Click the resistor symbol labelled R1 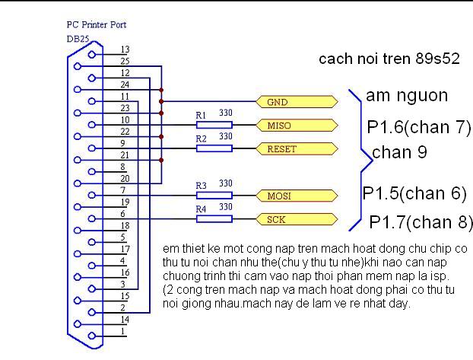point(214,125)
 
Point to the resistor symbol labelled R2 point(214,148)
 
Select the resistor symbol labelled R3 point(214,196)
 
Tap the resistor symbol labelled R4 point(214,219)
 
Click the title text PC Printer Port point(96,25)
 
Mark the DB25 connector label point(78,38)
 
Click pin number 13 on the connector point(125,49)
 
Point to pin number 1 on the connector point(123,332)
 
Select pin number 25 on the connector point(125,61)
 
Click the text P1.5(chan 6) point(414,193)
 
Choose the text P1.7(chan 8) point(421,221)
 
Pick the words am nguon point(407,96)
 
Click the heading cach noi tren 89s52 point(389,59)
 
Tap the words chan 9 point(400,152)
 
